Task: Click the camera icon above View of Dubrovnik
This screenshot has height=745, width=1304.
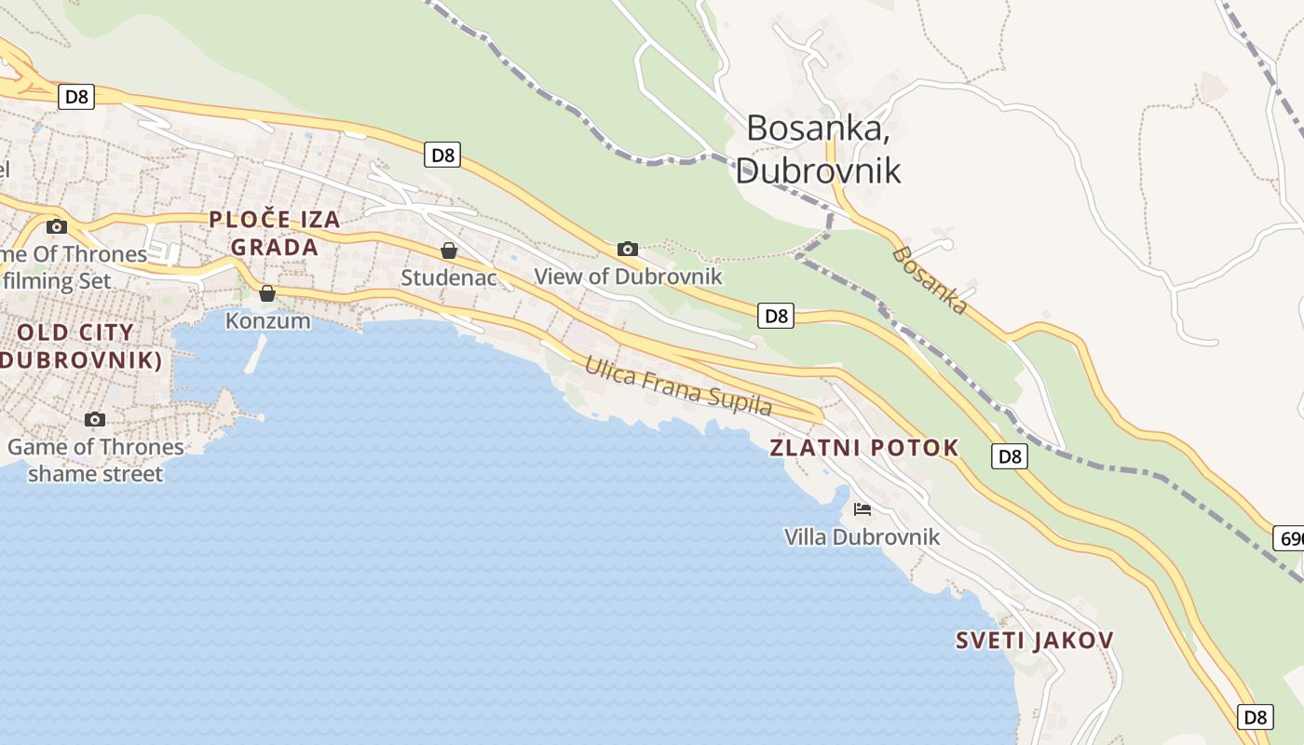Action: [x=628, y=249]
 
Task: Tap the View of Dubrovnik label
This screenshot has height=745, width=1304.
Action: [x=628, y=277]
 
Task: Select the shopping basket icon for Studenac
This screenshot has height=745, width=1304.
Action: [x=449, y=250]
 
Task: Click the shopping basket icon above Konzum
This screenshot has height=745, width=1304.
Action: [x=267, y=293]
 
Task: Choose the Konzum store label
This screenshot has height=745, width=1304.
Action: [x=268, y=320]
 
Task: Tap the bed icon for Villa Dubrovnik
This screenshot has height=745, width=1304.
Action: [x=863, y=509]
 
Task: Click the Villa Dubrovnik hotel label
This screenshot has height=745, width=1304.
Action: [x=862, y=537]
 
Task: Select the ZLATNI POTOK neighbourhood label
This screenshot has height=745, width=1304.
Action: [x=863, y=448]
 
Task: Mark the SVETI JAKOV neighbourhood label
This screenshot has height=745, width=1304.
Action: [x=1035, y=641]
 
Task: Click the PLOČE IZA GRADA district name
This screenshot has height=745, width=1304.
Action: [x=275, y=234]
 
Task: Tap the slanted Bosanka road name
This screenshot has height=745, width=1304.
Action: [x=930, y=280]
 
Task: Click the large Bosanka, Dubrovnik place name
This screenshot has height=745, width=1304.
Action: [x=818, y=149]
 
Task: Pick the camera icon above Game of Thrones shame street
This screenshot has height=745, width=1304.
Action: [x=95, y=419]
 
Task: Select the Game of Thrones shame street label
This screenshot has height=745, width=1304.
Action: [x=95, y=460]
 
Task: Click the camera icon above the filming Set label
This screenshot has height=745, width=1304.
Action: [x=57, y=226]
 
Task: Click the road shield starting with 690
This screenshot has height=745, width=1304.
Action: [x=1289, y=538]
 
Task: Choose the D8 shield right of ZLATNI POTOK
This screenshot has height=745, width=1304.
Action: [x=1010, y=456]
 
